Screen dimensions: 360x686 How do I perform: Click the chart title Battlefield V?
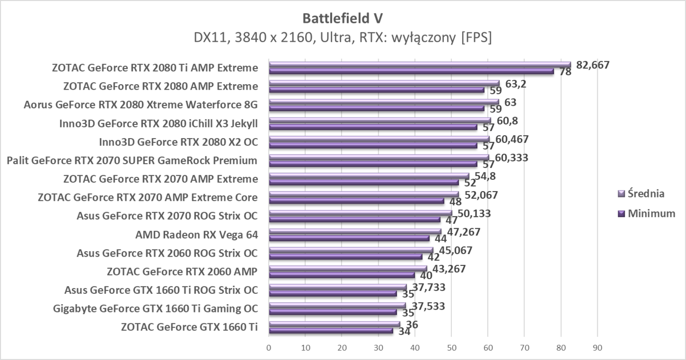343,18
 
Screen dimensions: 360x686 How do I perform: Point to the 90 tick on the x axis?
597,348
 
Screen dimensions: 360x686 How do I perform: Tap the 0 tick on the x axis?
269,348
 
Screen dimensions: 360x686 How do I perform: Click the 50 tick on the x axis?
451,348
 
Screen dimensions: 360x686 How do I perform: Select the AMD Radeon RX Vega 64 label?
196,235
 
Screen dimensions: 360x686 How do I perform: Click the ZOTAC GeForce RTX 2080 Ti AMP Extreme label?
155,68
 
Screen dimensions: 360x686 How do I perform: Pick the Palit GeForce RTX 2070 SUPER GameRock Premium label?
132,160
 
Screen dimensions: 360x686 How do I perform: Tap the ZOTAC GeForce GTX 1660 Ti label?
189,327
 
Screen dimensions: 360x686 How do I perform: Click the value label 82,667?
592,65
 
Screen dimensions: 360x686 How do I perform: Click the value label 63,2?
515,84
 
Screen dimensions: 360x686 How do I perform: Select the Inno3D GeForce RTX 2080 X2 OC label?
178,142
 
